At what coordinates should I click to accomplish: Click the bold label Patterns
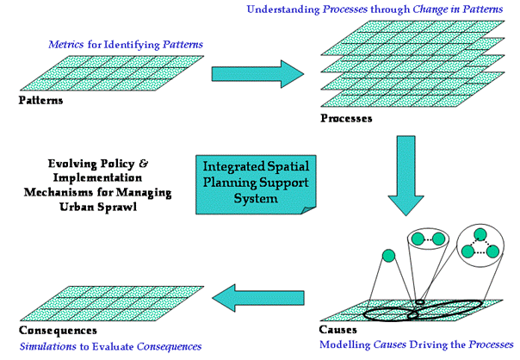point(40,101)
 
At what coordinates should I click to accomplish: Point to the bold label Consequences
point(59,331)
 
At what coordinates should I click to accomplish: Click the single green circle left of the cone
point(388,256)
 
